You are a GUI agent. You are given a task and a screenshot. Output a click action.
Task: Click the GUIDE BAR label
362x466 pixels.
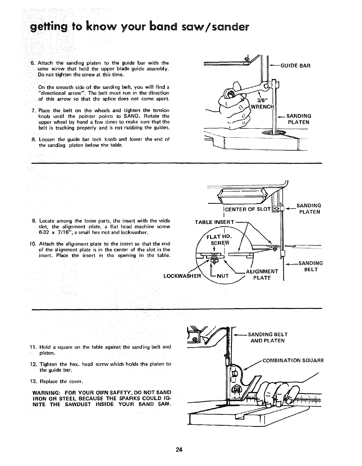295,66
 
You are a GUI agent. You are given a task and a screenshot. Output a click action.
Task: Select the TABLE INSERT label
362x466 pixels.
215,222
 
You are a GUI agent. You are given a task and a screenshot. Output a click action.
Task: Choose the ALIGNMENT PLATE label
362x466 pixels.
262,275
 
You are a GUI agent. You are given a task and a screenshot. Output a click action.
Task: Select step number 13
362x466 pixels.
33,381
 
